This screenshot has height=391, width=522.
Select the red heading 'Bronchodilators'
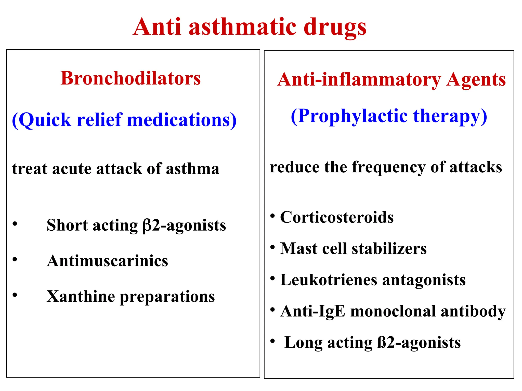coord(130,78)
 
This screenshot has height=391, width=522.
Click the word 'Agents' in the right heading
coord(476,80)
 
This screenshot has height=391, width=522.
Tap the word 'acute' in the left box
coord(72,169)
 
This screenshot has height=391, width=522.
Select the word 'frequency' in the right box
coord(389,167)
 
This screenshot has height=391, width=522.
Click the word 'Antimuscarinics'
coord(108,261)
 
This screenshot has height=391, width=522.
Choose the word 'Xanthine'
coord(81,297)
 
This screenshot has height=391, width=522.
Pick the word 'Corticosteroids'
coord(337,217)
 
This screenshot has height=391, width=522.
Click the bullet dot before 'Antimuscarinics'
coord(15,259)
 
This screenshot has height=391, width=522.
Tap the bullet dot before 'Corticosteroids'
coord(272,216)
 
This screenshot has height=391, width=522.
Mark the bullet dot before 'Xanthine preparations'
coord(15,295)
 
